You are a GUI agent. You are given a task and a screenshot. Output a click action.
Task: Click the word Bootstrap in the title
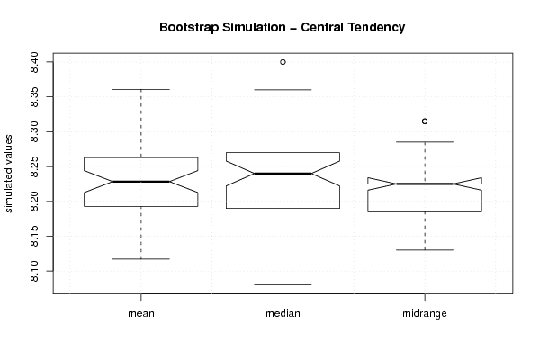pos(188,28)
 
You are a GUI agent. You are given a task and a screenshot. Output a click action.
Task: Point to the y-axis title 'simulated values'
pos(8,174)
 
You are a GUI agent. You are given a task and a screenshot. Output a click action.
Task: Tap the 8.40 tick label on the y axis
pos(34,62)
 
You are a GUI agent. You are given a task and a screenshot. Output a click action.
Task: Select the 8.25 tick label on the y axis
pos(34,166)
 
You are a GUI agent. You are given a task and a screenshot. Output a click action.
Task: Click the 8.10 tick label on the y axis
pos(34,271)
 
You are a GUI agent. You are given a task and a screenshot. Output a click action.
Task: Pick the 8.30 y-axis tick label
pos(34,131)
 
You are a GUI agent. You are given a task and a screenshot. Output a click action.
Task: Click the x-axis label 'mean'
pos(141,313)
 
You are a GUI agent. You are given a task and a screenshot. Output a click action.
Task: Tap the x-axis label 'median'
pos(283,313)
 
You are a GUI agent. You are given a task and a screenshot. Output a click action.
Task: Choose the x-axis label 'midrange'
pos(425,313)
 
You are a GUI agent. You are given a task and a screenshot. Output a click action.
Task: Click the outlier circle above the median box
pos(283,62)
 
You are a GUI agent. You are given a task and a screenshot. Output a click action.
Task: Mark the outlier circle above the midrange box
pos(425,121)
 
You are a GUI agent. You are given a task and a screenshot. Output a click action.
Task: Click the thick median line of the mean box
pos(141,182)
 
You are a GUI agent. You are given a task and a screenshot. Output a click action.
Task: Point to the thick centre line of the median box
pos(283,174)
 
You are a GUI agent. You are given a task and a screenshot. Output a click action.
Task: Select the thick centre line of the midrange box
pos(425,184)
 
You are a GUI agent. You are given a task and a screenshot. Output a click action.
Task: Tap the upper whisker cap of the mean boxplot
pos(141,89)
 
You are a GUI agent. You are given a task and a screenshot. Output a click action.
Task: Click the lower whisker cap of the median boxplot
pos(283,284)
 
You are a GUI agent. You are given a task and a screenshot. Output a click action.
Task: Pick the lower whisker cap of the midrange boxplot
pos(425,250)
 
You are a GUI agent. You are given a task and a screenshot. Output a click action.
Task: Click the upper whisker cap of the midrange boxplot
pos(425,141)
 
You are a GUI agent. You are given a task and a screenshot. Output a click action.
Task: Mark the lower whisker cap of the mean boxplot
pos(141,259)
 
